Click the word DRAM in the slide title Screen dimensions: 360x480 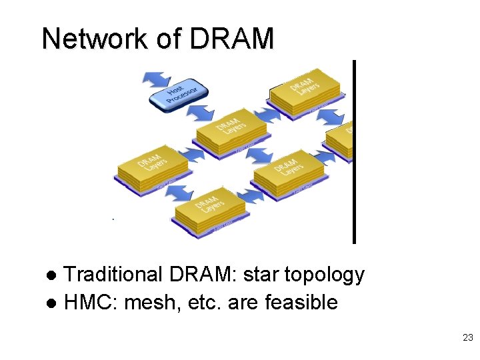pos(231,39)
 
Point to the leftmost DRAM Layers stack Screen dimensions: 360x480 pos(151,167)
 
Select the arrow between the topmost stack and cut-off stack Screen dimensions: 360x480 pos(330,117)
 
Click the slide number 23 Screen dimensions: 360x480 pos(467,338)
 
